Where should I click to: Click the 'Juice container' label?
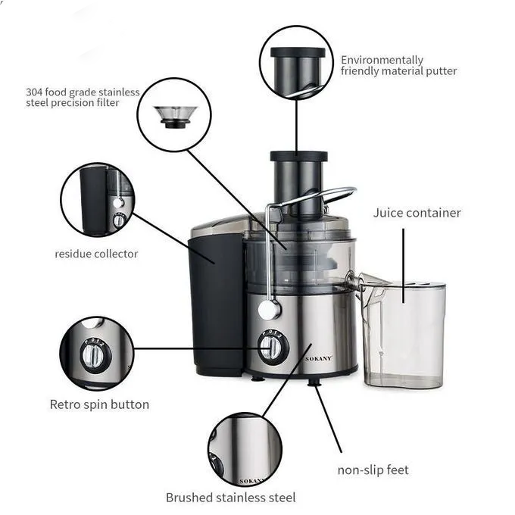(x=417, y=213)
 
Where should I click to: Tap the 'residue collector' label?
(x=96, y=254)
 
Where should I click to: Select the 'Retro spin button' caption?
(x=99, y=404)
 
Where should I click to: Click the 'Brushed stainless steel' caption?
(x=230, y=498)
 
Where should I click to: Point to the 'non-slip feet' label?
(x=373, y=470)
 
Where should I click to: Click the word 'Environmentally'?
(x=382, y=60)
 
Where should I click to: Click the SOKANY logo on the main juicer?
(x=318, y=358)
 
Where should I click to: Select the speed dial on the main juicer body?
(x=273, y=347)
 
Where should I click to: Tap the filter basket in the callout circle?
(x=176, y=117)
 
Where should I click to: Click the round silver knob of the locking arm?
(x=270, y=310)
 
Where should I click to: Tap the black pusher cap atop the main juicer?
(x=298, y=156)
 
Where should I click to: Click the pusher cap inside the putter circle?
(x=298, y=52)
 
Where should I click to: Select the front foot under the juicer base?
(x=314, y=382)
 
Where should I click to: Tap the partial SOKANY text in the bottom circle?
(x=252, y=481)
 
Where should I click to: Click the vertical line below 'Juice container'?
(x=404, y=266)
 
